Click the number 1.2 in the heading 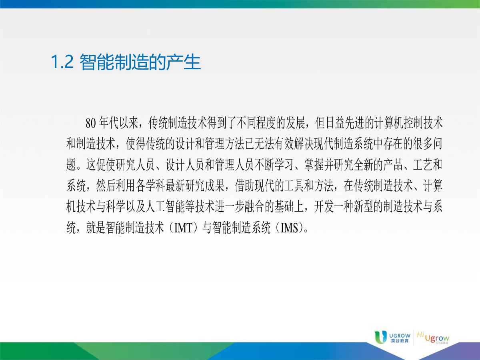62,62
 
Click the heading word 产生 184,62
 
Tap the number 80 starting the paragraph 90,123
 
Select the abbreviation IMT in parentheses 183,228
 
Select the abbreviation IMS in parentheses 289,228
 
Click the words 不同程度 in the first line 256,123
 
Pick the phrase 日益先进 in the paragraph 345,123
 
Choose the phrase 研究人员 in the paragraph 135,165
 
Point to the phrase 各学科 150,186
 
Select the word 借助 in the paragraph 244,186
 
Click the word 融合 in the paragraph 254,207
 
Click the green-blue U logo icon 380,337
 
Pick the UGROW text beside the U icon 400,336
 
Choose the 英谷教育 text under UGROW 400,341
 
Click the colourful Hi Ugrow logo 433,338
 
